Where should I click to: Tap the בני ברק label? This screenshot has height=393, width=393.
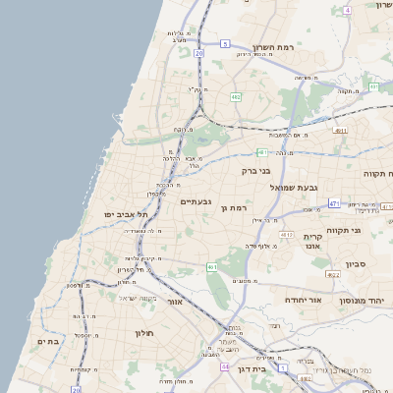tap(255, 171)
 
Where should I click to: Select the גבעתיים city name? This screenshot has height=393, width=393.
tap(196, 202)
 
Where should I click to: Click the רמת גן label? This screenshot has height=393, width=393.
tap(237, 208)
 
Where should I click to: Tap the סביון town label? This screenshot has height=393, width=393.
tap(355, 263)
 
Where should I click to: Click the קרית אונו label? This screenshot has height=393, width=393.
tap(313, 244)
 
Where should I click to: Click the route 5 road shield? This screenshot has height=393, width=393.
tap(224, 44)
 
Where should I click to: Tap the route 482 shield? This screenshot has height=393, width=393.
tap(236, 97)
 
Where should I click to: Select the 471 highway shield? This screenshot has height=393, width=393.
tap(334, 203)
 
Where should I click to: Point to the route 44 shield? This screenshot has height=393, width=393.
tap(225, 365)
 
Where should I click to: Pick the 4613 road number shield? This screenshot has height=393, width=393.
tap(286, 236)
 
